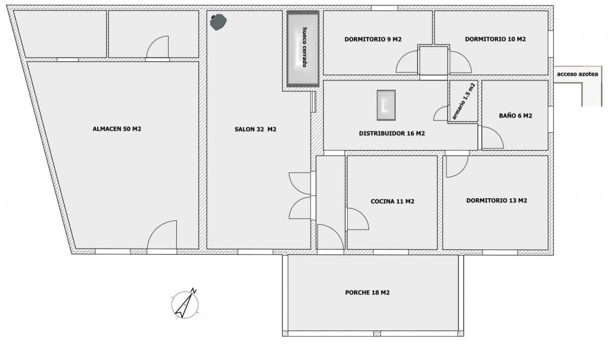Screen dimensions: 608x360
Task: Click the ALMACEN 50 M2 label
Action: coord(117,129)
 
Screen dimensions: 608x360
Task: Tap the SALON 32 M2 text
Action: coord(255,129)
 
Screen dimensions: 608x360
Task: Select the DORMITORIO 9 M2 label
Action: coord(373,40)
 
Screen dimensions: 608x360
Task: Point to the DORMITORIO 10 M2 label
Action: coord(496,39)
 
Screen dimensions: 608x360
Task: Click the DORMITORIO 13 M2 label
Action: coord(497,200)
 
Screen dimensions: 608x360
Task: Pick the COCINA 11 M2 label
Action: coord(393,201)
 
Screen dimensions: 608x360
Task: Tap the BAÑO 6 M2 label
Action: coord(515,116)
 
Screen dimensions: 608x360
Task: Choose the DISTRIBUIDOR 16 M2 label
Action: coord(392,133)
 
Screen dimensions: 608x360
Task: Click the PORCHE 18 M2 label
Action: coord(367,293)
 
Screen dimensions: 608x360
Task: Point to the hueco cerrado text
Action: coord(305,47)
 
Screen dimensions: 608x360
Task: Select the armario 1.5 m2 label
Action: coord(464,101)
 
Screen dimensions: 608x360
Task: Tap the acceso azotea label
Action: coord(578,74)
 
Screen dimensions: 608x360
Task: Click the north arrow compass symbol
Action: coord(185,304)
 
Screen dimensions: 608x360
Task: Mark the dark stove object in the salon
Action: coord(218,22)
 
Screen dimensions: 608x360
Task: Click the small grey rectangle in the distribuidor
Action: coord(386,105)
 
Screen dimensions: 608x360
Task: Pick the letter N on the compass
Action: coord(194,291)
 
